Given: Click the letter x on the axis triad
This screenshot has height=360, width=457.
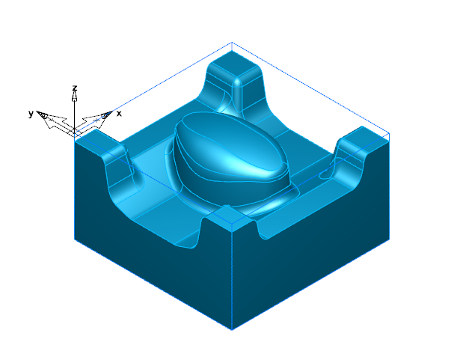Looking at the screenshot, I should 119,113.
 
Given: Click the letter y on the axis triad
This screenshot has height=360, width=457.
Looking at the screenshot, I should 31,113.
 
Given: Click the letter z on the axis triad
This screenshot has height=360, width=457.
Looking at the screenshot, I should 75,88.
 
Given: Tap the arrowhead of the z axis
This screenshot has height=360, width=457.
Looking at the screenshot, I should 75,96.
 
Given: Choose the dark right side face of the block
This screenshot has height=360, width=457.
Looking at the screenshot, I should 314,269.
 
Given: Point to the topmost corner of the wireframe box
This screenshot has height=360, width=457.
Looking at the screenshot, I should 233,43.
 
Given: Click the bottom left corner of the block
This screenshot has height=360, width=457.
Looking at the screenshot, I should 75,240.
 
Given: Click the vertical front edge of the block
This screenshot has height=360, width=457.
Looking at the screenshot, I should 233,277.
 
